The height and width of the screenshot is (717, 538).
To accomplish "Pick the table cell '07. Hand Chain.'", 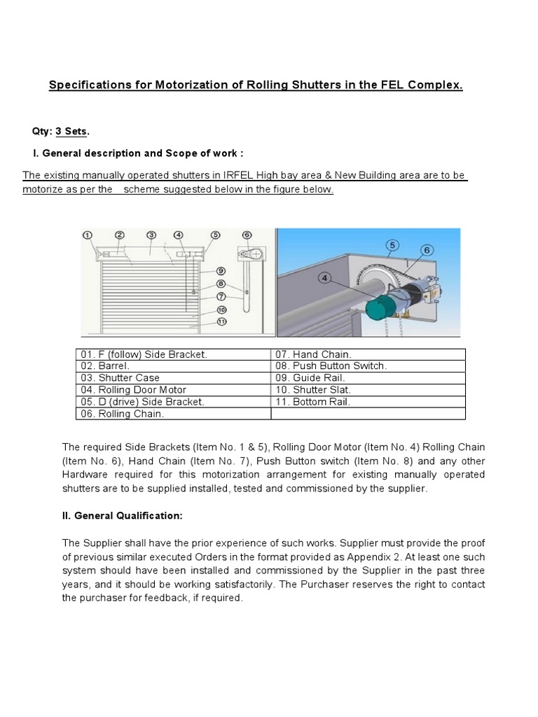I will (304, 354).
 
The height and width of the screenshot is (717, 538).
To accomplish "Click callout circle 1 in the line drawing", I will (88, 235).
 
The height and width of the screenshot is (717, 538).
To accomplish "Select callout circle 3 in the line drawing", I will (151, 235).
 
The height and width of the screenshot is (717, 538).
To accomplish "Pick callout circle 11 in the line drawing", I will (221, 322).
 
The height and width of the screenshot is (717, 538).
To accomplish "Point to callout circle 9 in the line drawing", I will (221, 270).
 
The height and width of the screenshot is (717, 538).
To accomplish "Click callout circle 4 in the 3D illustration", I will (324, 278).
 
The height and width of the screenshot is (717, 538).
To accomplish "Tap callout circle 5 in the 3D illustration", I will (392, 245).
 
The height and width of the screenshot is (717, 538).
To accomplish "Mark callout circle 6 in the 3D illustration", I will (427, 250).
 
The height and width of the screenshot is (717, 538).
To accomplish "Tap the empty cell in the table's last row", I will (368, 413).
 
